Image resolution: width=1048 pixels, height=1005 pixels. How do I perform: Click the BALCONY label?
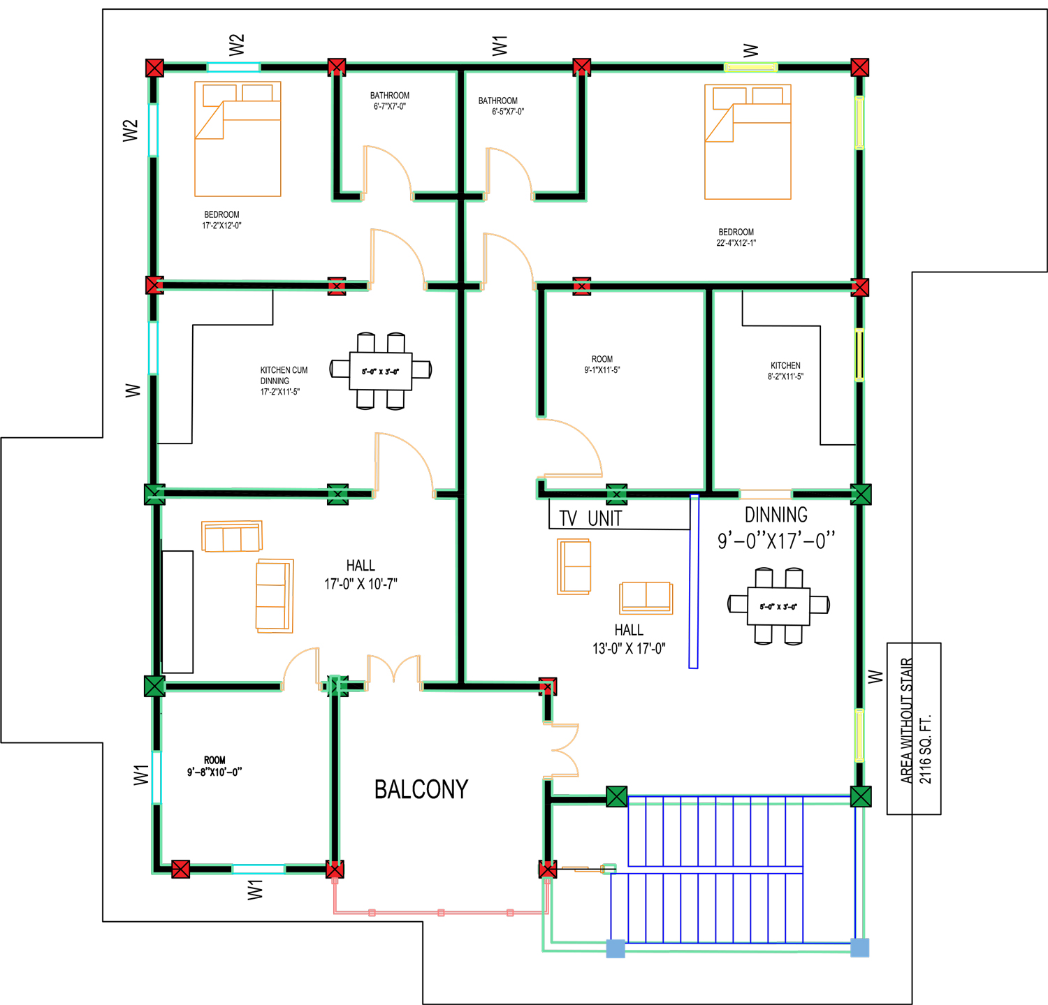(x=421, y=789)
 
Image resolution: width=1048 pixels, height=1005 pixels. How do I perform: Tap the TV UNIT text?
(x=590, y=518)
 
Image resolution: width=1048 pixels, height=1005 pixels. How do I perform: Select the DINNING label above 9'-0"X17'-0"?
(x=776, y=515)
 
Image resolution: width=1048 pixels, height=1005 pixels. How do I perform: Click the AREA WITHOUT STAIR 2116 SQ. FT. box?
(x=914, y=728)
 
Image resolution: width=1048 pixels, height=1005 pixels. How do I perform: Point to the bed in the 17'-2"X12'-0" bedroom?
(x=238, y=139)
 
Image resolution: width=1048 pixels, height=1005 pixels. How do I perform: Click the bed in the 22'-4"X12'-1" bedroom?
(x=748, y=142)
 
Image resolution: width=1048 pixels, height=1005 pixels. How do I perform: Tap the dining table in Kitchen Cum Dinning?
(x=381, y=371)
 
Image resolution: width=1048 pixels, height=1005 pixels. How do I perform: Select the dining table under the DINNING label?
(x=778, y=606)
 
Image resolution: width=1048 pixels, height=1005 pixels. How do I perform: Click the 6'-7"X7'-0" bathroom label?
(x=390, y=101)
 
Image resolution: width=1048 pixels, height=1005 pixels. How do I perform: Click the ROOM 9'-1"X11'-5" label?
(x=602, y=365)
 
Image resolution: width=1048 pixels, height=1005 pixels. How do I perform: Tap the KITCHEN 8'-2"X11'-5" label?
(x=785, y=371)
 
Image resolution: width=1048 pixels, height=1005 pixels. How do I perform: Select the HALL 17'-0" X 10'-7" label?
(x=361, y=575)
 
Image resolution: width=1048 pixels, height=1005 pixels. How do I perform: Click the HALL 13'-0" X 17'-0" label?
(x=629, y=639)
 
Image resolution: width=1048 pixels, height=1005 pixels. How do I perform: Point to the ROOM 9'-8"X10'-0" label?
(x=214, y=766)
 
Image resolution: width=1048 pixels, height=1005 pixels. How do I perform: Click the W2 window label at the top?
(x=237, y=45)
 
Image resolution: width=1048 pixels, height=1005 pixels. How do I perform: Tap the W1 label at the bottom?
(x=255, y=890)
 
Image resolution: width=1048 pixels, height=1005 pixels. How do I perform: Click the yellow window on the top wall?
(x=751, y=68)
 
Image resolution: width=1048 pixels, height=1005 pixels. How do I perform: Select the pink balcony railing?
(x=441, y=912)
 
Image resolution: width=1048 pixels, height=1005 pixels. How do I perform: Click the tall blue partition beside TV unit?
(x=694, y=581)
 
